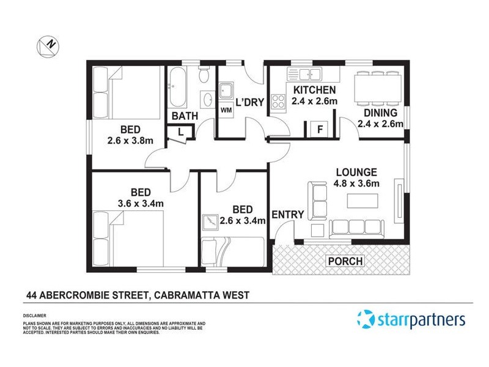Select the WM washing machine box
pyautogui.click(x=226, y=110)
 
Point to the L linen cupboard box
pyautogui.click(x=182, y=131)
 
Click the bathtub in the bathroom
pyautogui.click(x=179, y=88)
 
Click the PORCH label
pyautogui.click(x=345, y=261)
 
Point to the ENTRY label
pyautogui.click(x=287, y=214)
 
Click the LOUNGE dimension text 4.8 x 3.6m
pyautogui.click(x=357, y=183)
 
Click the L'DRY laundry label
pyautogui.click(x=249, y=102)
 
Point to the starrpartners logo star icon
pyautogui.click(x=366, y=319)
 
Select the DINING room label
pyautogui.click(x=381, y=113)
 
